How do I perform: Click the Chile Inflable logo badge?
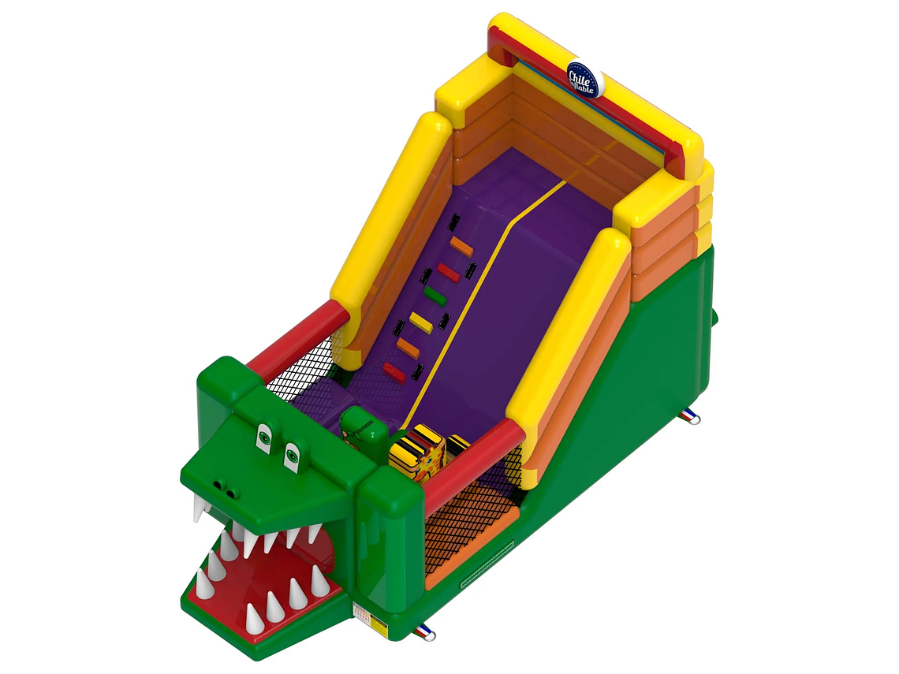(x=584, y=79)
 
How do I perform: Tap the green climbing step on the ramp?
(x=435, y=296)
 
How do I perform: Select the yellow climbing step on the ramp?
(x=421, y=322)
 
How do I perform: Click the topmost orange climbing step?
(x=461, y=246)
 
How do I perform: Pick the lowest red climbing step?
(x=394, y=372)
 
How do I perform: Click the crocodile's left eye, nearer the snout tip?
(x=263, y=437)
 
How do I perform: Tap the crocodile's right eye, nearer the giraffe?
(x=292, y=455)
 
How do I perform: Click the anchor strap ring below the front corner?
(x=427, y=632)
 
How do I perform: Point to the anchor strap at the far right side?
(x=691, y=416)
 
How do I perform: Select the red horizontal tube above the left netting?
(x=298, y=341)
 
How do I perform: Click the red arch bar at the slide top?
(x=584, y=99)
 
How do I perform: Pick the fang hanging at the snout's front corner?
(x=200, y=508)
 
